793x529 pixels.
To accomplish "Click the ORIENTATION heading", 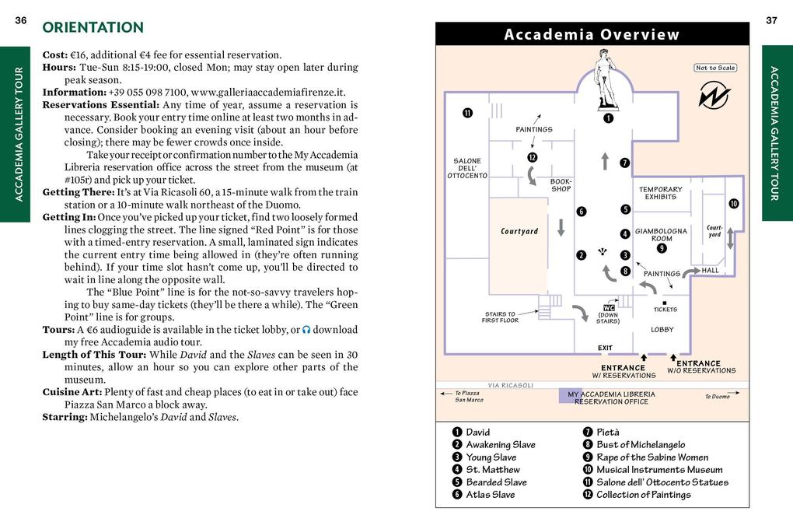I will (93, 28).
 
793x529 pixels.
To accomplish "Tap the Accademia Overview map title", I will (592, 34).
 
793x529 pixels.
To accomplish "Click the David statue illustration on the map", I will (605, 79).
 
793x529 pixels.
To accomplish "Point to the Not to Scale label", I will (715, 68).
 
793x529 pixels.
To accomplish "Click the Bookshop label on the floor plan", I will (561, 185).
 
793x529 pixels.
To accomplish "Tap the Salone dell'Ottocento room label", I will (467, 168).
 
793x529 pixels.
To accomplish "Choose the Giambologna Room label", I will (661, 235).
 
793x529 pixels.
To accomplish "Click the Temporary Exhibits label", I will (660, 193).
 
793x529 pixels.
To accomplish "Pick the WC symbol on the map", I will (608, 307).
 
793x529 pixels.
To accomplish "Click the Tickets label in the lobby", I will (665, 310).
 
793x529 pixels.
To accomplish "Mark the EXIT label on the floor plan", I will (605, 348).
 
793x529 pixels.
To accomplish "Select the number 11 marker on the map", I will (467, 113).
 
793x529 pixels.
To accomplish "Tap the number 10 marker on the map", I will (732, 204).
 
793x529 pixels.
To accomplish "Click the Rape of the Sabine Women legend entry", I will (652, 457).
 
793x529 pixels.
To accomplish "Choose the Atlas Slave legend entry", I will (490, 495).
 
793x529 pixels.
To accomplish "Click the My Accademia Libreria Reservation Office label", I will (611, 398).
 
